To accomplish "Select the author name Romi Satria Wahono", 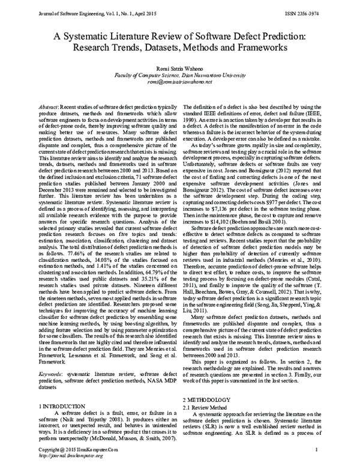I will (179, 68).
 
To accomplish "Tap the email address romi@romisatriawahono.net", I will (179, 82).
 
